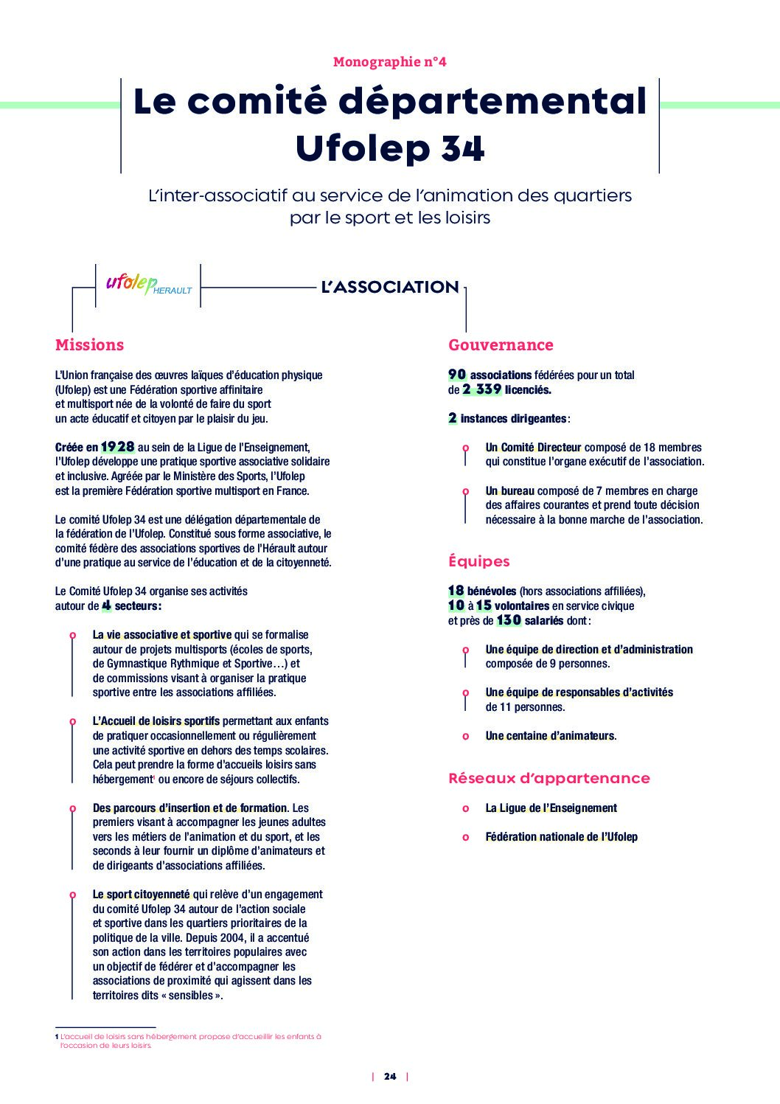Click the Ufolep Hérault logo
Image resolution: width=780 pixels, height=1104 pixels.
(147, 285)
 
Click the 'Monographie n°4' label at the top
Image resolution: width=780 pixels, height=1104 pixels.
(389, 62)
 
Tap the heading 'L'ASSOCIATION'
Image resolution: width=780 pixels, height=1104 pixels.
(389, 287)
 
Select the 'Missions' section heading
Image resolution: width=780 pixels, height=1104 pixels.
(89, 344)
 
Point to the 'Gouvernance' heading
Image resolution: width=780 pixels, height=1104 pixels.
(500, 344)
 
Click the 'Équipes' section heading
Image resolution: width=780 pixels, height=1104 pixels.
(478, 561)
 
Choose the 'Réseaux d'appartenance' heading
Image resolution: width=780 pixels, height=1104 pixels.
(549, 778)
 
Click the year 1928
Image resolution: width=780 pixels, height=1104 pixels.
(118, 447)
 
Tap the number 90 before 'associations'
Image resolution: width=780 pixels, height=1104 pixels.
(457, 375)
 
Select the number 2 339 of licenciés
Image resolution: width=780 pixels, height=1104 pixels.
(482, 389)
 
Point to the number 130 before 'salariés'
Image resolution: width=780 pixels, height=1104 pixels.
(509, 620)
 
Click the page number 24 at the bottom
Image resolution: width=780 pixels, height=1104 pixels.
(390, 1076)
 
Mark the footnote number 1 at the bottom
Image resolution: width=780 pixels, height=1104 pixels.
(57, 1036)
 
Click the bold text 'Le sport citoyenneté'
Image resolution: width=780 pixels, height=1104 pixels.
(141, 894)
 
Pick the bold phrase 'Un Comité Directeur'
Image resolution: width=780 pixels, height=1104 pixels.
(533, 447)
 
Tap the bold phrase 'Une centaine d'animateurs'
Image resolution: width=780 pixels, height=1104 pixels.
(549, 735)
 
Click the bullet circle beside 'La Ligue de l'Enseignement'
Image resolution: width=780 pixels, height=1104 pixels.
(465, 808)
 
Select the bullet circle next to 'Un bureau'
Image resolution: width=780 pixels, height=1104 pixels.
(465, 491)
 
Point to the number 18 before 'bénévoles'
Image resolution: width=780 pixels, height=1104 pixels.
(456, 591)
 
